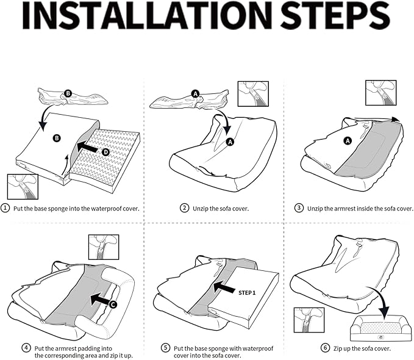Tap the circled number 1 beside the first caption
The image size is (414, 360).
click(x=5, y=208)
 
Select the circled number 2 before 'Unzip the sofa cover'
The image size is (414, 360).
click(x=185, y=208)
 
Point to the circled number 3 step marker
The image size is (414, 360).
click(x=299, y=208)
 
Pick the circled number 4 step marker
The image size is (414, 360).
click(x=26, y=347)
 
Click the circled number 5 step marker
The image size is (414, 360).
click(x=165, y=348)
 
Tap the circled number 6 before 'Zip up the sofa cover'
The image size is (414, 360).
click(x=325, y=348)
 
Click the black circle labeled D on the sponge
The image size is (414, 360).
click(x=105, y=151)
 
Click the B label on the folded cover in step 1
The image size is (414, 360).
click(x=68, y=93)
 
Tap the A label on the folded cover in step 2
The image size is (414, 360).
click(x=195, y=93)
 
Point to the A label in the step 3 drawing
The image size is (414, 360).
click(x=348, y=140)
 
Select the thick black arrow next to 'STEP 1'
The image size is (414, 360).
click(x=223, y=287)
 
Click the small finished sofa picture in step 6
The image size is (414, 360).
click(x=378, y=329)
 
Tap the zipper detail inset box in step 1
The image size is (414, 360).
click(x=22, y=187)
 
